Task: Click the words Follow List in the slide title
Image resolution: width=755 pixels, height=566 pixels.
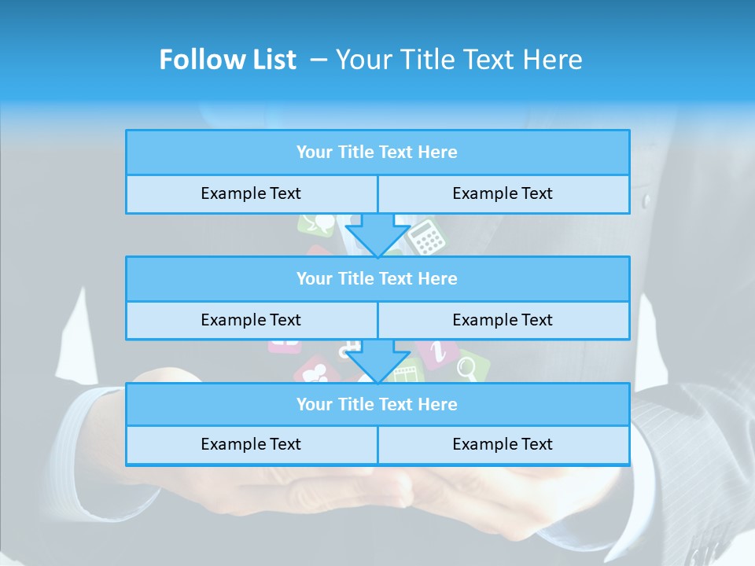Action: click(x=227, y=60)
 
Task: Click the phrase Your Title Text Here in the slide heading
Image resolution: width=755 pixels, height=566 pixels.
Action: click(x=459, y=60)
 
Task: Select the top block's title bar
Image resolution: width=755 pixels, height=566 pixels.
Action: click(x=377, y=153)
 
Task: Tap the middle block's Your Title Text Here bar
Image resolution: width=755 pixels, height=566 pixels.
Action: click(x=377, y=278)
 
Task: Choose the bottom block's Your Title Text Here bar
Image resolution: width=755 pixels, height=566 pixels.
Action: click(x=377, y=404)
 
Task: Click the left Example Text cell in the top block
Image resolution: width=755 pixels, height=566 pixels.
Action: click(x=251, y=193)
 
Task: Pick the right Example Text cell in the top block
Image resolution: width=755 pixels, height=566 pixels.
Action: click(x=503, y=193)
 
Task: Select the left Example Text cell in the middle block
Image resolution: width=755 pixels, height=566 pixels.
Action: click(x=251, y=320)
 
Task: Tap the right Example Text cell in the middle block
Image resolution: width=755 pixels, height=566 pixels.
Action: click(x=503, y=320)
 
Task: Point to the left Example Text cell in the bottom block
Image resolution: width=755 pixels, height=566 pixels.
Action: click(x=251, y=444)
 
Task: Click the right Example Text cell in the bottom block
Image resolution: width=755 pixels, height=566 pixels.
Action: click(x=503, y=444)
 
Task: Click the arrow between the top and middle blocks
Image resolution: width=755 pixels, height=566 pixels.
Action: click(x=377, y=234)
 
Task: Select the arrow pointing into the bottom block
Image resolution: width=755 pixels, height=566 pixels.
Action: click(x=377, y=361)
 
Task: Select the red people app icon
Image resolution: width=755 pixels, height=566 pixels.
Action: click(x=315, y=369)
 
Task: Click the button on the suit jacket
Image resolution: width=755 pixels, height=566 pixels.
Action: click(x=646, y=200)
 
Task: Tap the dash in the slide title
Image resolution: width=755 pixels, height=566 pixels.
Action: click(x=318, y=60)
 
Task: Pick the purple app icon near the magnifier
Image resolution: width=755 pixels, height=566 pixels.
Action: click(x=433, y=351)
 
